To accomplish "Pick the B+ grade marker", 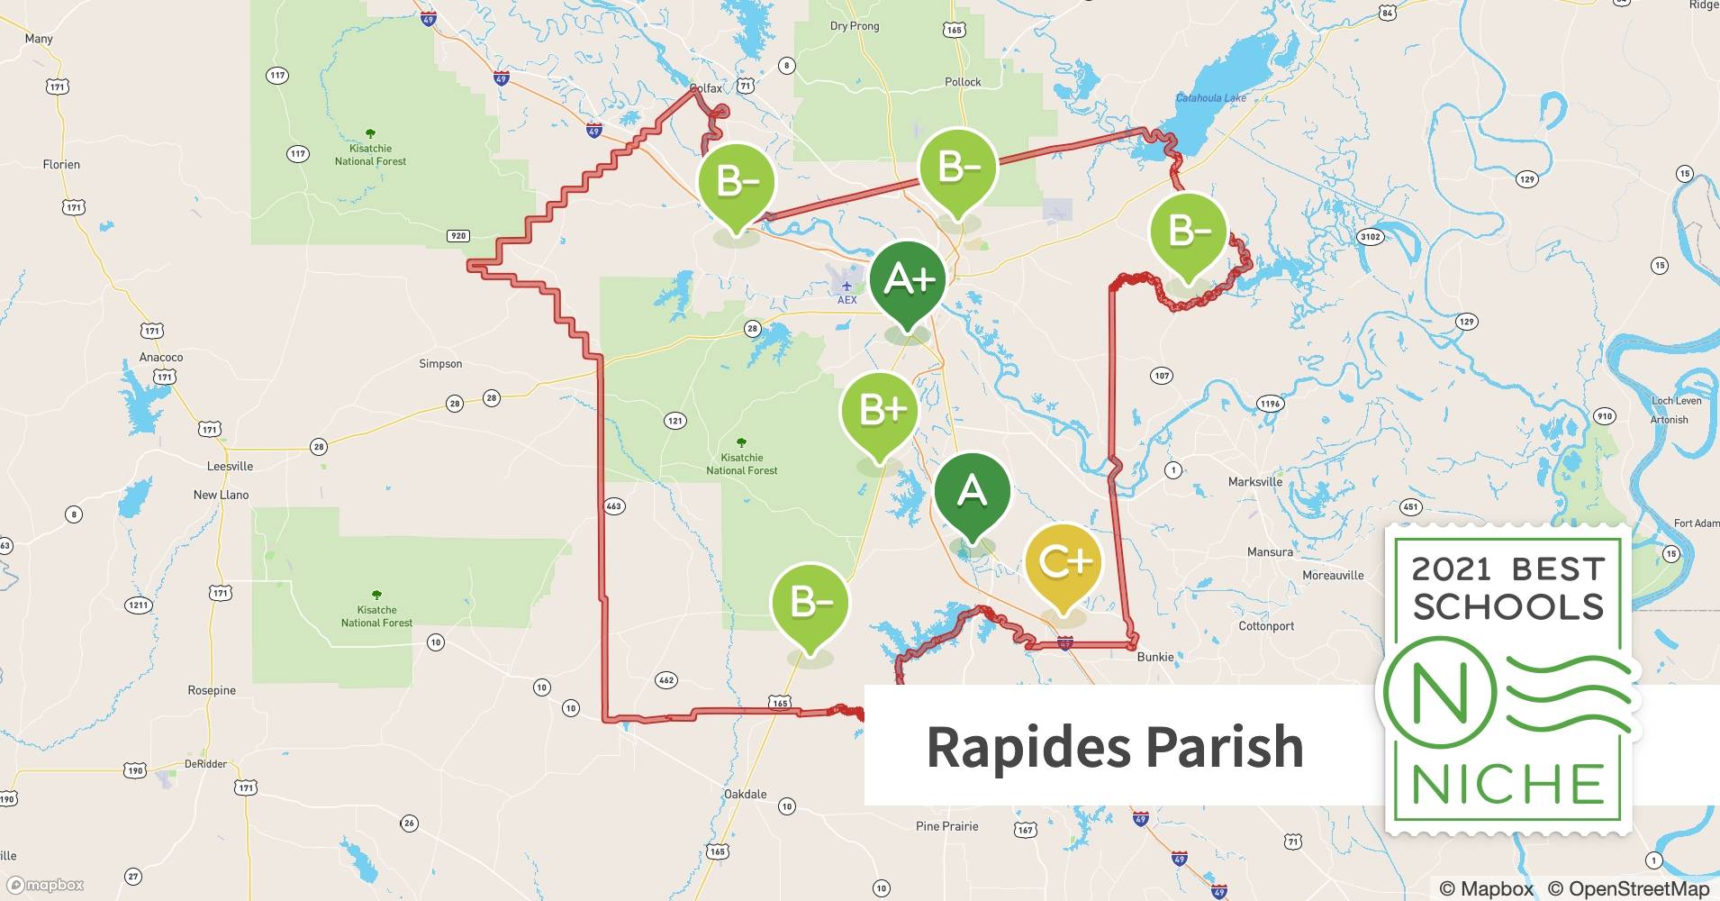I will (880, 411).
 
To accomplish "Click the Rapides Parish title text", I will (1115, 747).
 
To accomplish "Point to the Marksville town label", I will (1254, 482).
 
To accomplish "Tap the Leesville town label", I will (230, 466).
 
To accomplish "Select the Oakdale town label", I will (746, 794).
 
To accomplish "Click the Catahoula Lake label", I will (1211, 97).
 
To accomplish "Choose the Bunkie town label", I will (1154, 657).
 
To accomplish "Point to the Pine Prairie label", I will (946, 826).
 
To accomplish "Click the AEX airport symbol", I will (846, 287).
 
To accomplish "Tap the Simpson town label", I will (440, 364).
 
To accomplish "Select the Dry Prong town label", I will (854, 26).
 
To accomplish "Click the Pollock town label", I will (963, 82).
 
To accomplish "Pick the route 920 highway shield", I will (458, 236).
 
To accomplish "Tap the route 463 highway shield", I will (614, 506).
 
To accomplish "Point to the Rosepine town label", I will (212, 690).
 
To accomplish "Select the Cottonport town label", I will (1266, 626).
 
